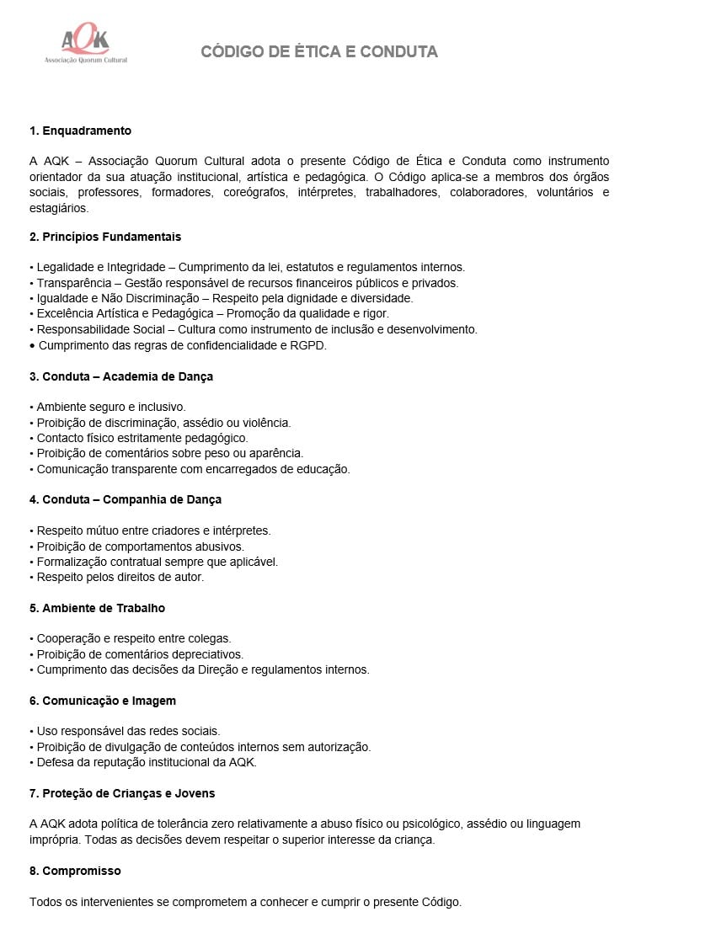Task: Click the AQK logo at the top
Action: coord(85,45)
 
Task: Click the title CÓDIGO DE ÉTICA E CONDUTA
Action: coord(319,52)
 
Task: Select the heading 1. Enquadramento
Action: coord(80,131)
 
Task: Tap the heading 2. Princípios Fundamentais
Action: coord(105,237)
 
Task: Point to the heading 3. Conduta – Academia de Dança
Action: coord(121,376)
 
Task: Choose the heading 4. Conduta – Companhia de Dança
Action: coord(126,499)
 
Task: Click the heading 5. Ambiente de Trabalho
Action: coord(97,608)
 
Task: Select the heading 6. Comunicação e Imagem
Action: coord(103,701)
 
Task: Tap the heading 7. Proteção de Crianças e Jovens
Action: coord(122,793)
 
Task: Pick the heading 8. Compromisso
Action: coord(75,871)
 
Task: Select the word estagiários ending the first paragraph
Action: coord(58,207)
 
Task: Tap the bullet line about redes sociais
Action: coord(128,731)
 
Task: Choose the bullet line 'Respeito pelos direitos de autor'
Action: coord(120,577)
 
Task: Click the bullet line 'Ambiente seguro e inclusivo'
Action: coord(110,407)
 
